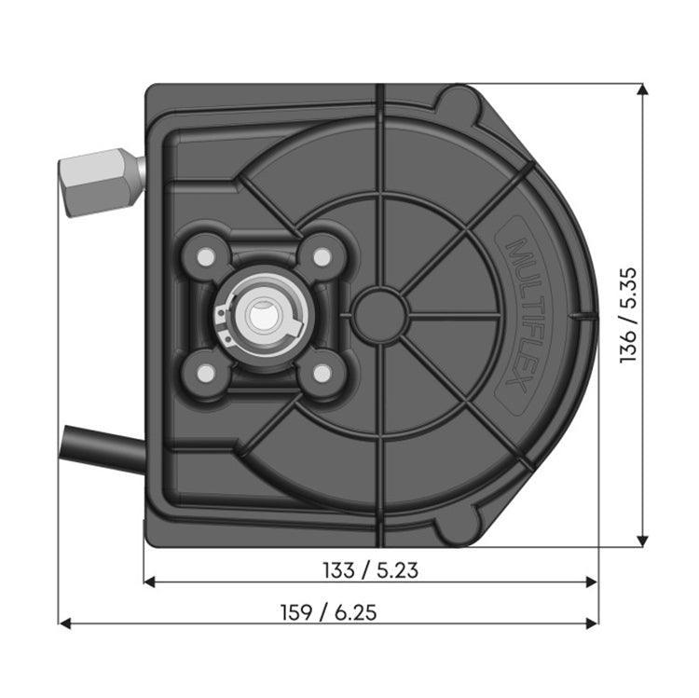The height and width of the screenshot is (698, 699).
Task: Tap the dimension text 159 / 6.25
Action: click(329, 612)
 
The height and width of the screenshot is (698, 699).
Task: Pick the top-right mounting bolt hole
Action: click(322, 255)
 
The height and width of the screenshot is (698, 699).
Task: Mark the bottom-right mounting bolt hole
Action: click(322, 374)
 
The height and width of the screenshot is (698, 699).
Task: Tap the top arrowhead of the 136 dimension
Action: click(641, 89)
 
